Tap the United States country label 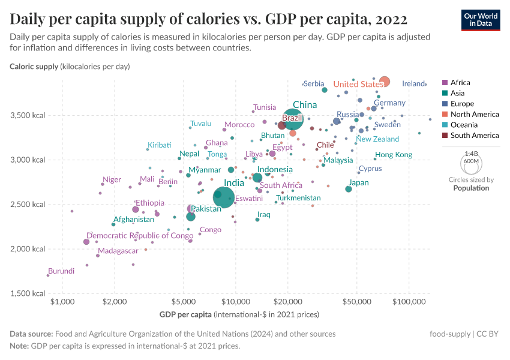point(358,85)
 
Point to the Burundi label point(61,271)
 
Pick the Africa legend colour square point(445,83)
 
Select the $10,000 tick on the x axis point(236,301)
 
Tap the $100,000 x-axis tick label point(409,301)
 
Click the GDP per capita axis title point(185,314)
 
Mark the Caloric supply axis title point(34,66)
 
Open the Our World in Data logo point(481,20)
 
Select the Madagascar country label point(118,251)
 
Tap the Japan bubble point(349,189)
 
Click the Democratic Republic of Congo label point(140,236)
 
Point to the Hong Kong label point(394,155)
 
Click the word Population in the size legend point(471,188)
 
